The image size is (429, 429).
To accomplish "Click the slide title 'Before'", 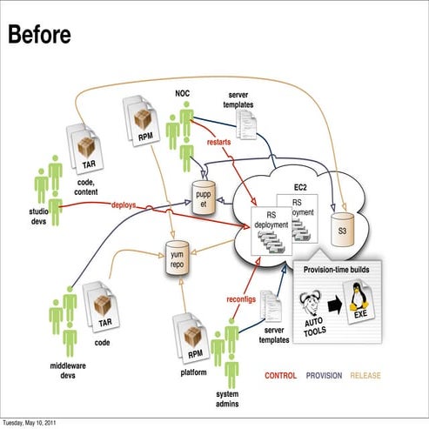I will [x=39, y=34].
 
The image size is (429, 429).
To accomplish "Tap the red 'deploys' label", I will [x=128, y=205].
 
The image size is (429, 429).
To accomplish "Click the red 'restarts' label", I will [x=219, y=141].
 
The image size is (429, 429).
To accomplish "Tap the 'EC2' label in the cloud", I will [x=301, y=188].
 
